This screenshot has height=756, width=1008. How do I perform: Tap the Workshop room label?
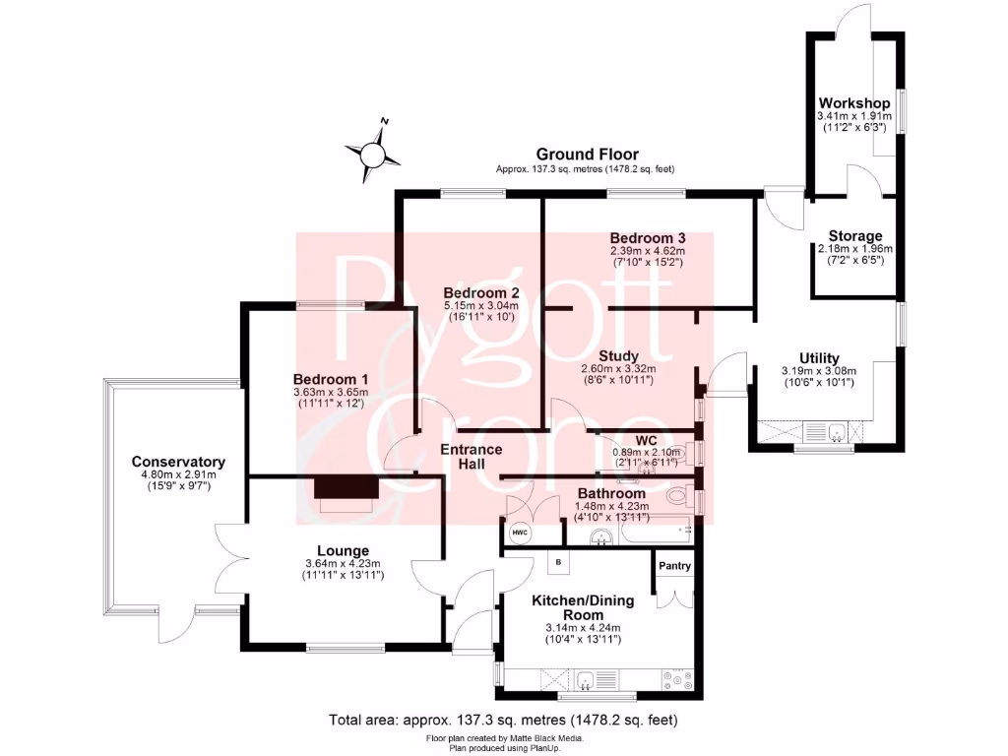[x=854, y=103]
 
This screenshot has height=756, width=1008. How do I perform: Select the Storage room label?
[x=854, y=235]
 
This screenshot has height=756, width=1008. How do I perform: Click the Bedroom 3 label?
[x=647, y=238]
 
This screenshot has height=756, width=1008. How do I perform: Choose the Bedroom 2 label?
[x=480, y=293]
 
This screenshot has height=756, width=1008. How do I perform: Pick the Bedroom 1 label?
[x=331, y=379]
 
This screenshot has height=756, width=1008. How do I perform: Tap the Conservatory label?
[x=178, y=462]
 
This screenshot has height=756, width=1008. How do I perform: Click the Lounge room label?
[x=343, y=550]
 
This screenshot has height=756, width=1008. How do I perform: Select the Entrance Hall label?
[x=471, y=457]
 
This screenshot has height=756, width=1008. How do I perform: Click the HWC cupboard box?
[x=520, y=533]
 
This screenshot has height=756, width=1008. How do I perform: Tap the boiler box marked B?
[x=557, y=562]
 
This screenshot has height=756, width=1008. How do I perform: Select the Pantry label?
[x=674, y=566]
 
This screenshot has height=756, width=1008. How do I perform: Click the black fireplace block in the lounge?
[x=346, y=487]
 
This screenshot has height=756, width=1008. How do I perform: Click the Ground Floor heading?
[x=587, y=155]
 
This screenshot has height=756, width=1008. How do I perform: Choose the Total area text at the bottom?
[x=503, y=721]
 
